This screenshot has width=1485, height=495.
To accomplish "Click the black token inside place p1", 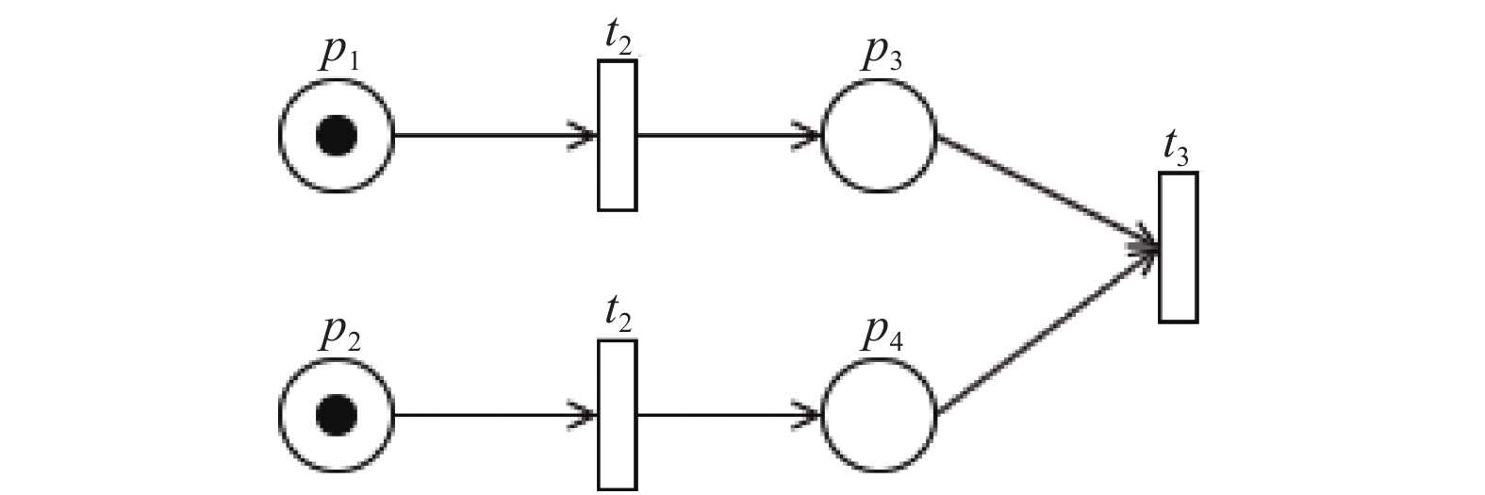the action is coord(336,135).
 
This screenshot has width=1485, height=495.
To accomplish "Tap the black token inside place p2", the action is coord(336,416).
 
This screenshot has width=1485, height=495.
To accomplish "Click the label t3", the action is coord(1176,151).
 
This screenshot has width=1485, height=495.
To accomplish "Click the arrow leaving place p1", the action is coord(495,136).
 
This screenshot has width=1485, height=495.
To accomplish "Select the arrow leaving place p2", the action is coord(495,416).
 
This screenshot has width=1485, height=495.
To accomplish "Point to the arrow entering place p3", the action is coord(729,136).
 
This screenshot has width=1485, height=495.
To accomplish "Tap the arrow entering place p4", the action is coord(729,416).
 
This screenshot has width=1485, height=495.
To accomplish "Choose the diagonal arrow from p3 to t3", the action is coord(1048,192).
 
